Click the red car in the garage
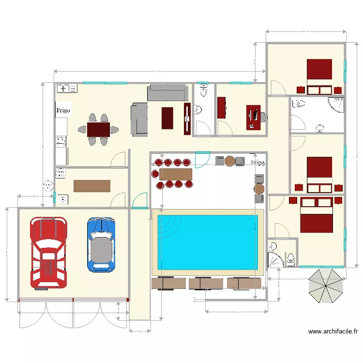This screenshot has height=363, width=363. point(48,252)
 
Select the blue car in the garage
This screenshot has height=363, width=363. point(101,244)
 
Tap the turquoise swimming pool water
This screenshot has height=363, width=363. point(208,242)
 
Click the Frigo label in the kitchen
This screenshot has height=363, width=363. point(63,110)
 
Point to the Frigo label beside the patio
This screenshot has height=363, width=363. point(258,162)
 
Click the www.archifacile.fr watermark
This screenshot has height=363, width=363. point(333,332)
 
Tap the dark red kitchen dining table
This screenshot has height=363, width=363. point(99,129)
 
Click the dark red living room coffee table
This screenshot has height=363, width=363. point(167,118)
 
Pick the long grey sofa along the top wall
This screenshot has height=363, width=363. point(167,92)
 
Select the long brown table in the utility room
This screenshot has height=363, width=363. point(92,186)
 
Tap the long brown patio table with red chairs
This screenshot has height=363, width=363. point(175,173)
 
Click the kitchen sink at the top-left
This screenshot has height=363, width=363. point(67,88)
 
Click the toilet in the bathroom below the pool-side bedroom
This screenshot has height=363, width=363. point(291,258)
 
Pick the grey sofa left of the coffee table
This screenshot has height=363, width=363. point(139,119)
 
